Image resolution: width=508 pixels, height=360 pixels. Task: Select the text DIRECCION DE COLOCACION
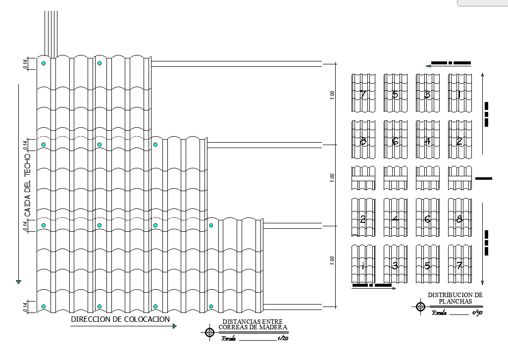[x=120, y=319]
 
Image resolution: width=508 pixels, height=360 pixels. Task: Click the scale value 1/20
[x=283, y=339]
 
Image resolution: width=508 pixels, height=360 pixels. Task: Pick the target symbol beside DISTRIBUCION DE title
[x=420, y=307]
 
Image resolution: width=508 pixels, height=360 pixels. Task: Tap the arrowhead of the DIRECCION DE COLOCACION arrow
[x=174, y=326]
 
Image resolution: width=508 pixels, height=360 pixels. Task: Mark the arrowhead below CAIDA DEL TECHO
[x=19, y=282]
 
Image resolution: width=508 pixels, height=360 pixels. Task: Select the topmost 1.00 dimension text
[x=332, y=94]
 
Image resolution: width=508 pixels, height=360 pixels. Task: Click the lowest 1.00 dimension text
[x=332, y=260]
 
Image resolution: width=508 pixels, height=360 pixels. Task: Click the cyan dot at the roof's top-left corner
[x=44, y=63]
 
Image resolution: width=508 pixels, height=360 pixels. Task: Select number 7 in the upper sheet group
[x=363, y=94]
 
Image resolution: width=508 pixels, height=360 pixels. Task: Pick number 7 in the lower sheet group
[x=459, y=265]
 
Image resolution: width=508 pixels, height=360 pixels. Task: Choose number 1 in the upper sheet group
[x=459, y=94]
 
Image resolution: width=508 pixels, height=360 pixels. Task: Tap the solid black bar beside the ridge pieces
[x=484, y=178]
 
